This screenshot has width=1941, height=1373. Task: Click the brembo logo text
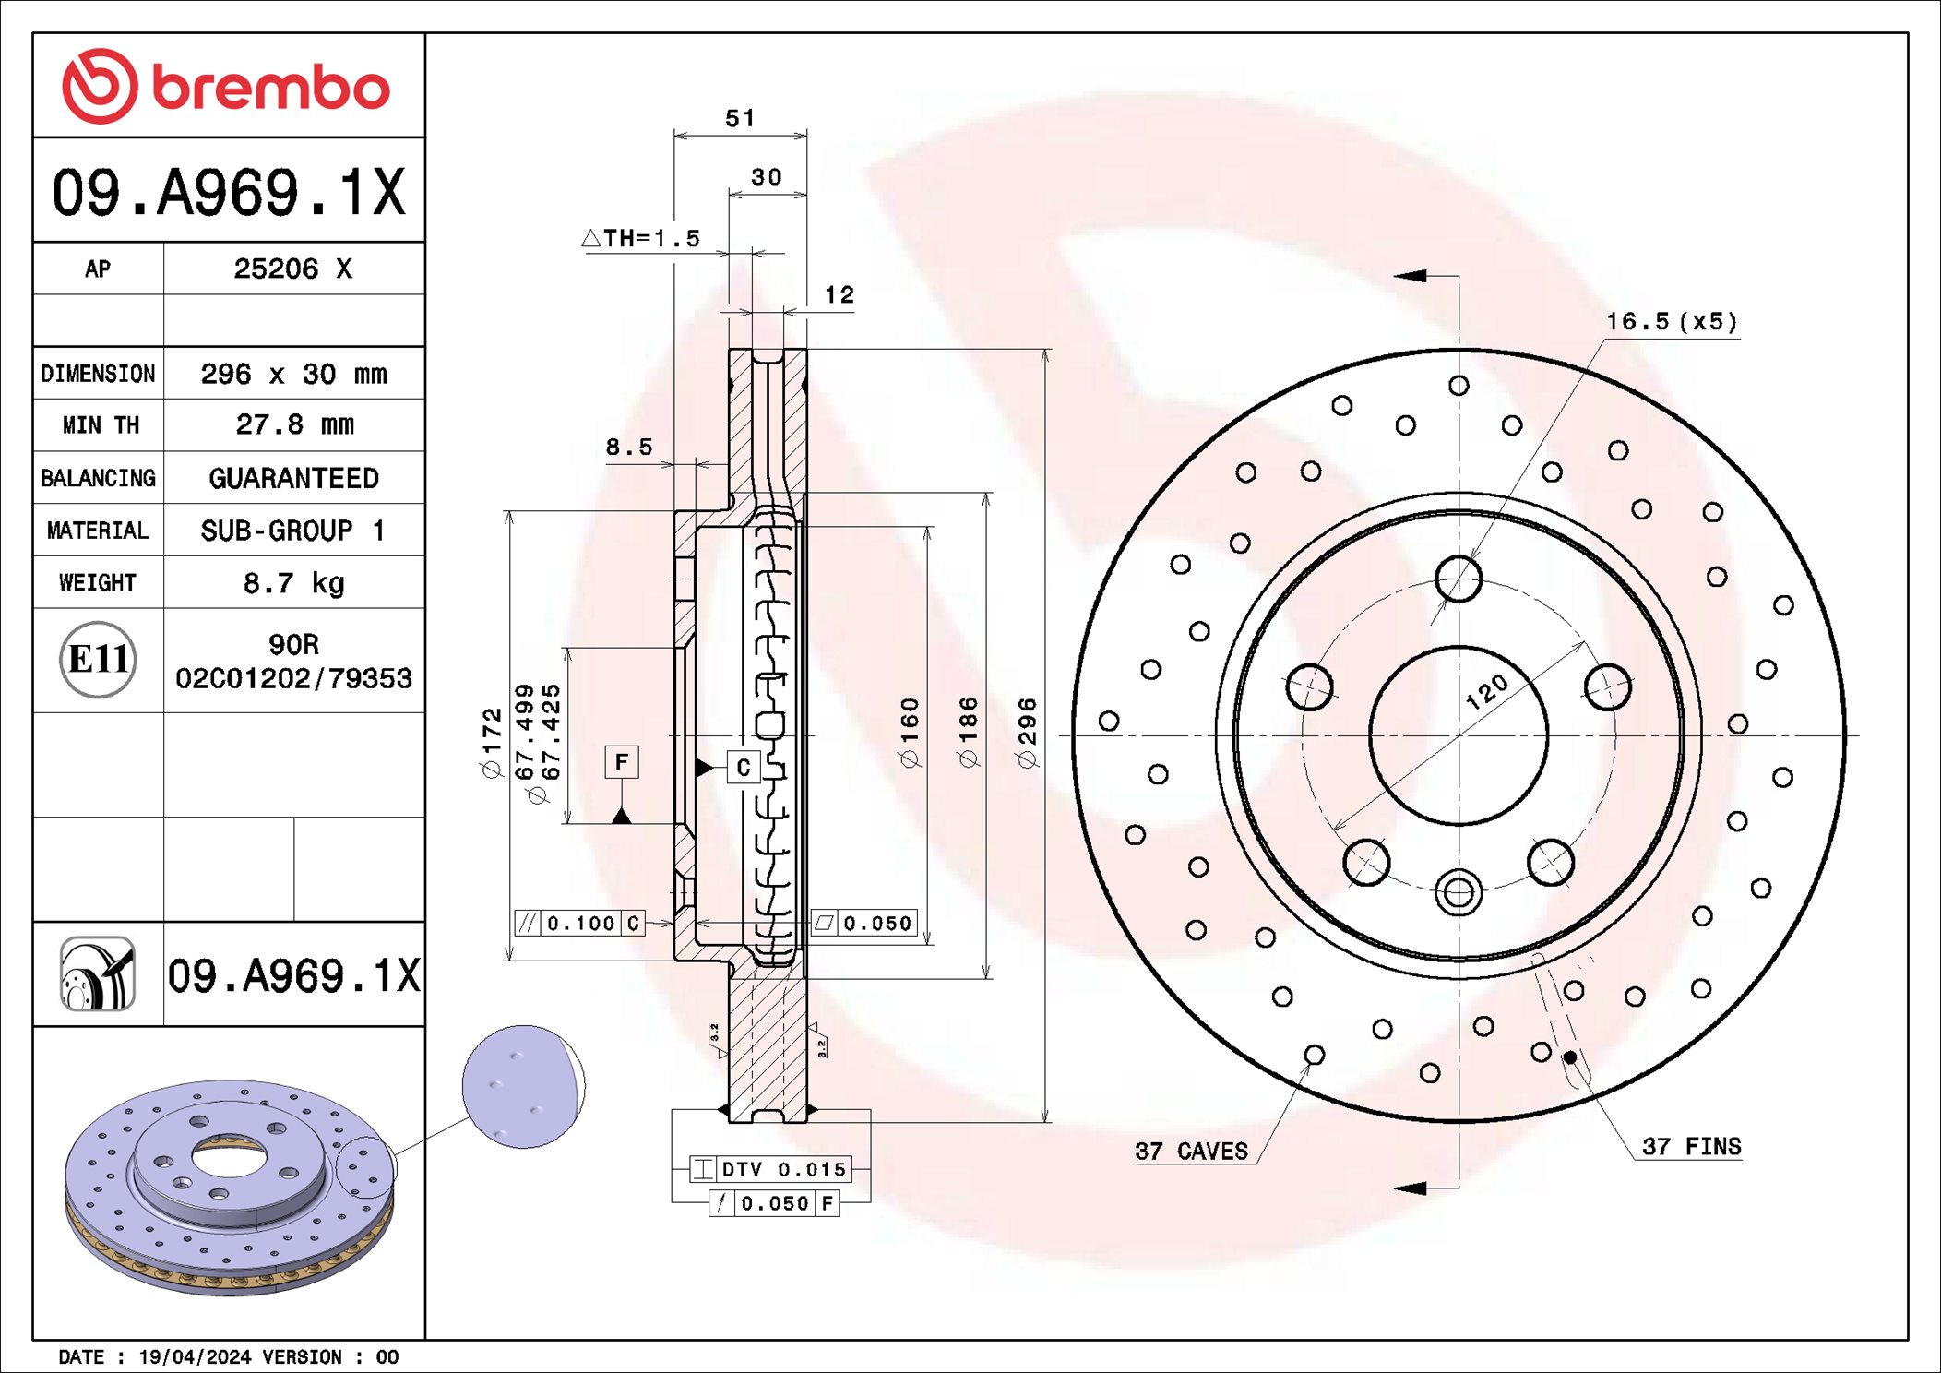[269, 88]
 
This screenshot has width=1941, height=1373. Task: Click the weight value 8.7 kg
[293, 583]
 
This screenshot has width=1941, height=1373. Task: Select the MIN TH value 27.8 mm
[293, 424]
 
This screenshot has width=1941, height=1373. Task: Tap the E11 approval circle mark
[98, 659]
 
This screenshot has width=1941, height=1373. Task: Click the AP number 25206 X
[292, 269]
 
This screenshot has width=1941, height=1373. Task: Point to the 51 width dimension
[739, 118]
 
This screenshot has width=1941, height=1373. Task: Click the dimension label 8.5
[628, 448]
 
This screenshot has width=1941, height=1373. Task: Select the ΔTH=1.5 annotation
[642, 238]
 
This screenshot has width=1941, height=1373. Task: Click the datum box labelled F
[621, 762]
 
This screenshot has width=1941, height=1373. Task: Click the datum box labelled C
[744, 767]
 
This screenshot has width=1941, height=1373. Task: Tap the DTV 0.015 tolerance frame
[770, 1169]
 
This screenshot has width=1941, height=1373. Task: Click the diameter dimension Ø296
[1027, 734]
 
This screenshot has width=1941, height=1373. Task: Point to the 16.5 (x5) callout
[1671, 322]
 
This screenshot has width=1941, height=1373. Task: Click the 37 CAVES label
[1190, 1151]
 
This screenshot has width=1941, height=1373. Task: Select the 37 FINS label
[1690, 1146]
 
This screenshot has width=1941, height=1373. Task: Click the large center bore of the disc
[1458, 735]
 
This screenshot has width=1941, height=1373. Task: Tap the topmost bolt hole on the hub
[1458, 579]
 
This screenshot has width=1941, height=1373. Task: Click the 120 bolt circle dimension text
[1486, 691]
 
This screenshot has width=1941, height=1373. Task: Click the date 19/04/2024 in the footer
[194, 1356]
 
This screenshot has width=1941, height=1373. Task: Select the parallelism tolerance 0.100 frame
[579, 923]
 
